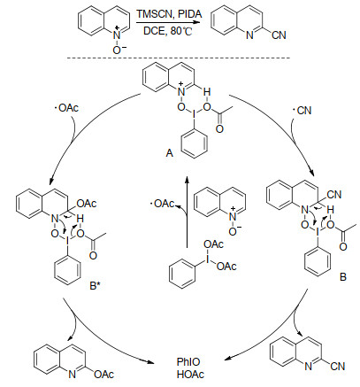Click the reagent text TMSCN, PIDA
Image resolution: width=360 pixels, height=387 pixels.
click(x=169, y=14)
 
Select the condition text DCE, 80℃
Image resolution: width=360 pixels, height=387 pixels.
click(x=168, y=31)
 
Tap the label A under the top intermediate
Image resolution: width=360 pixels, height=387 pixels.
click(x=169, y=153)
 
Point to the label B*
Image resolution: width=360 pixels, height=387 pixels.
click(x=95, y=285)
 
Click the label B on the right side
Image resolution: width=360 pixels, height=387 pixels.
click(x=343, y=277)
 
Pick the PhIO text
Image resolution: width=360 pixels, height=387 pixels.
click(x=188, y=362)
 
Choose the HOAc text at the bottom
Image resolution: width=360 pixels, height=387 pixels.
click(x=190, y=375)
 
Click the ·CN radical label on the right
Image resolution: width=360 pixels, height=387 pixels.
click(x=302, y=111)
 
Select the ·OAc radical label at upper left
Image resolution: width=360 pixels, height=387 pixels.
click(x=66, y=108)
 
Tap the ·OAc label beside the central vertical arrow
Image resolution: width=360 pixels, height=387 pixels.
click(x=162, y=204)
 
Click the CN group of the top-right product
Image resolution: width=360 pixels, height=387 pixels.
click(x=279, y=35)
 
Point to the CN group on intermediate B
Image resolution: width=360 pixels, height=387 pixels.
click(x=334, y=195)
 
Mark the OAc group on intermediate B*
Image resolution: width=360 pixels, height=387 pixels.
click(x=87, y=204)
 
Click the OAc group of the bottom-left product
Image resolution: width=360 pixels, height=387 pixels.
click(x=104, y=375)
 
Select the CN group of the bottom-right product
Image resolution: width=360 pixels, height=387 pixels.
click(x=338, y=367)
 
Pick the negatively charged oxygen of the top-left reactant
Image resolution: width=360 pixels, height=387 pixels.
click(x=118, y=50)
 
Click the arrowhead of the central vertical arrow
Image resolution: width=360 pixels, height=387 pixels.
click(x=187, y=179)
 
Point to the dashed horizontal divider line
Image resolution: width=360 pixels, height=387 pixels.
click(x=179, y=58)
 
